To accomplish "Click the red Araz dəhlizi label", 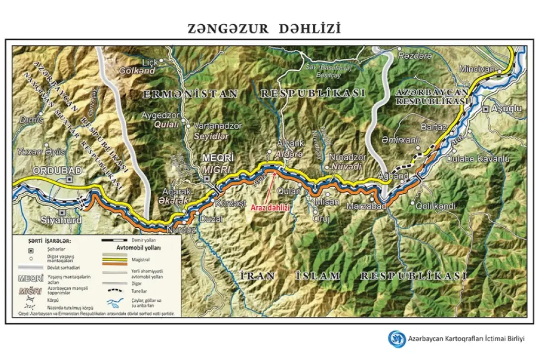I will pyautogui.click(x=271, y=207).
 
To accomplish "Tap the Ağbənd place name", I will pyautogui.click(x=393, y=176).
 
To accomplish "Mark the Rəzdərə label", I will pyautogui.click(x=414, y=56).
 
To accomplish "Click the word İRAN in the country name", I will pyautogui.click(x=258, y=276).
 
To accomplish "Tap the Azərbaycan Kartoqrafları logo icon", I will pyautogui.click(x=397, y=338).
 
